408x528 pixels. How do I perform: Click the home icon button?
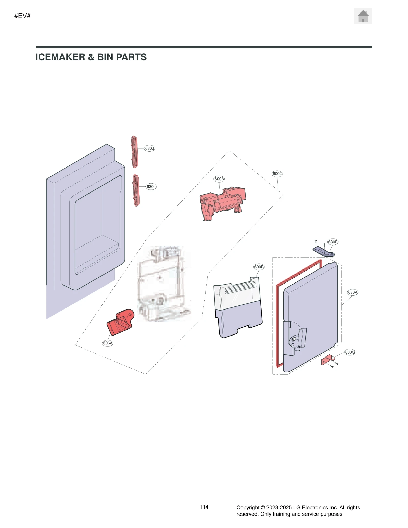pos(363,16)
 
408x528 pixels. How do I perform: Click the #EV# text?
pos(22,16)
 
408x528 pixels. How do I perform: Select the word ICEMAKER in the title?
pos(60,57)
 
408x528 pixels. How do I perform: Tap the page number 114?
pos(204,507)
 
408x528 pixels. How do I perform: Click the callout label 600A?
pos(219,179)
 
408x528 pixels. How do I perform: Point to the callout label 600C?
pos(277,174)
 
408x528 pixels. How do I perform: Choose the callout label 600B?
pos(259,267)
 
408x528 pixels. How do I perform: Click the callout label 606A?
pos(108,343)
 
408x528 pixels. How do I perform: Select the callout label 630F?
pos(333,242)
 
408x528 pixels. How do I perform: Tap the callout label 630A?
pos(353,292)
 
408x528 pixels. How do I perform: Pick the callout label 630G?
pos(350,352)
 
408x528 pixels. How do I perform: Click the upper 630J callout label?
pos(149,148)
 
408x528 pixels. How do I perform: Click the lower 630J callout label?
pos(151,187)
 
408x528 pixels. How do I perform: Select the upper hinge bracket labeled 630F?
pos(323,252)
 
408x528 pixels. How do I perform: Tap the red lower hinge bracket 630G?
pos(327,360)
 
